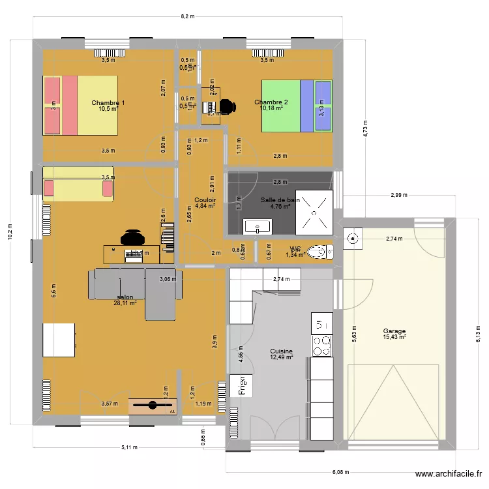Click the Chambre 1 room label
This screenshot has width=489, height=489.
pyautogui.click(x=108, y=102)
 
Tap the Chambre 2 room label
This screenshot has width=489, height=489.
pyautogui.click(x=271, y=102)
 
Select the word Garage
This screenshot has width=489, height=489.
pyautogui.click(x=394, y=331)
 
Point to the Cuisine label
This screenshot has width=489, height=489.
pyautogui.click(x=281, y=350)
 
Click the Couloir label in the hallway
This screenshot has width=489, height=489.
pyautogui.click(x=205, y=200)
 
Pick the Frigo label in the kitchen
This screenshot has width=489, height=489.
pyautogui.click(x=241, y=385)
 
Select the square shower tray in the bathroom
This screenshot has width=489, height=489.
pyautogui.click(x=315, y=212)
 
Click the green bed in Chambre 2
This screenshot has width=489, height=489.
pyautogui.click(x=297, y=106)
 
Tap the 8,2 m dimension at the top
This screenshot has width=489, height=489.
pyautogui.click(x=187, y=17)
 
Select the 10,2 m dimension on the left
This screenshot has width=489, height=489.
pyautogui.click(x=10, y=231)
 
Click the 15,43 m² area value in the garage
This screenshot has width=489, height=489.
pyautogui.click(x=394, y=337)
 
